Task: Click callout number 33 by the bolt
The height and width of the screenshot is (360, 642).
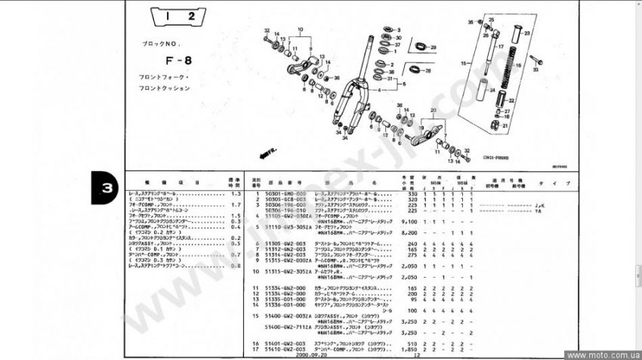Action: tap(536, 69)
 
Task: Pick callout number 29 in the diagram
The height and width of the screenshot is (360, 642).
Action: tap(434, 48)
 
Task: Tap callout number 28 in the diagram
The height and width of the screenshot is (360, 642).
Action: tap(427, 70)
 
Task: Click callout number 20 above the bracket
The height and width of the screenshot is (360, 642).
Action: tap(433, 111)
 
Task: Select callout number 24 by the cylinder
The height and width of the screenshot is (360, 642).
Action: tap(492, 90)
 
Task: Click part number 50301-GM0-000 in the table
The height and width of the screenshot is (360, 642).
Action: tap(286, 194)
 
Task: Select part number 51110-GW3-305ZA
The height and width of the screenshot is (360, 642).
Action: tap(287, 225)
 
